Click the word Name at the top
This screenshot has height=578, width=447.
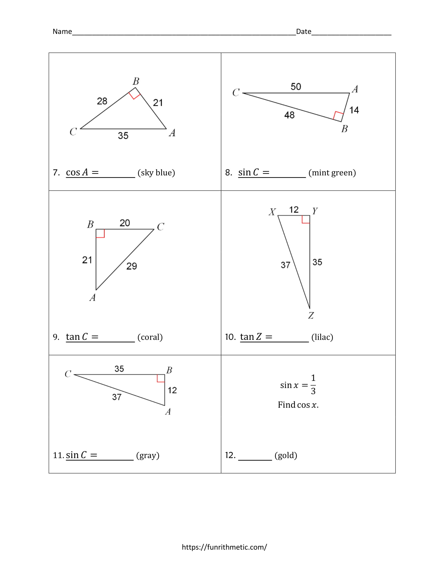coord(62,32)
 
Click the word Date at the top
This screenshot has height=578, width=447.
coord(303,32)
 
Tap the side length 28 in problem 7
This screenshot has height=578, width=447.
coord(102,101)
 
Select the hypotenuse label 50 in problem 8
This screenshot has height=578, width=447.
coord(296,86)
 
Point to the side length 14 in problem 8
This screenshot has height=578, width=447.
coord(354,110)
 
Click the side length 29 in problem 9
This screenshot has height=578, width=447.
coord(132,266)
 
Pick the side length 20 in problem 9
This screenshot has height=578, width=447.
coord(125,223)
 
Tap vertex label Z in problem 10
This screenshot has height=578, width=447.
coord(311,315)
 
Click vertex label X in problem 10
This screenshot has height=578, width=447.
coord(272,212)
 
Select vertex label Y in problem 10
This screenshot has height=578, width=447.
coord(314,211)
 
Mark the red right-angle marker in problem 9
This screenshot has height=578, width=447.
coord(100,233)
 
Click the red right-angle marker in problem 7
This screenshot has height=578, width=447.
coord(135,94)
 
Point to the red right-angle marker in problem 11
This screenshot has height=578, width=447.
coord(161,378)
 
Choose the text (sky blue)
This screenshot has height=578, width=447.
coord(156,173)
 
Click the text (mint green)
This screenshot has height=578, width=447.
coord(332,173)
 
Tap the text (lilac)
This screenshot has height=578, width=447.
coord(322,337)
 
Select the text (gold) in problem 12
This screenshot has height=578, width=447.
coord(286,455)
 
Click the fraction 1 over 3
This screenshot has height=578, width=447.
coord(313,385)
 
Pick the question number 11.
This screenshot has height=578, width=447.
coord(58,455)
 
